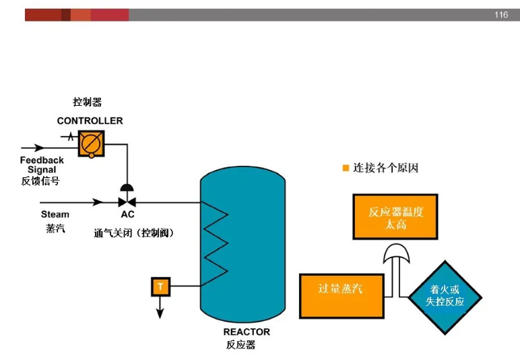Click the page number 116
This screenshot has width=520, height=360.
500,15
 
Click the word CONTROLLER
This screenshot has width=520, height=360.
90,121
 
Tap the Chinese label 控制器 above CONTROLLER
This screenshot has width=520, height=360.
87,102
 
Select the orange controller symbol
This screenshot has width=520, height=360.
91,143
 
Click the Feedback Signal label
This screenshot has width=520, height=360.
42,165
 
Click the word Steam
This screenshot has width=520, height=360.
55,214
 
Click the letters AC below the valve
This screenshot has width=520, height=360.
127,214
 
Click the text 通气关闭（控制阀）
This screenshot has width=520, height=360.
135,233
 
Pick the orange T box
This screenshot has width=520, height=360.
160,287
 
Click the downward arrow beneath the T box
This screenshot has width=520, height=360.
160,309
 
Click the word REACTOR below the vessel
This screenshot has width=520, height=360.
247,332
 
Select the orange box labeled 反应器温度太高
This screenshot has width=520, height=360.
395,217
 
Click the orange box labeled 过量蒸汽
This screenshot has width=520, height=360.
342,295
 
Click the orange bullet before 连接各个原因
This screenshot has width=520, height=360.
346,168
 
